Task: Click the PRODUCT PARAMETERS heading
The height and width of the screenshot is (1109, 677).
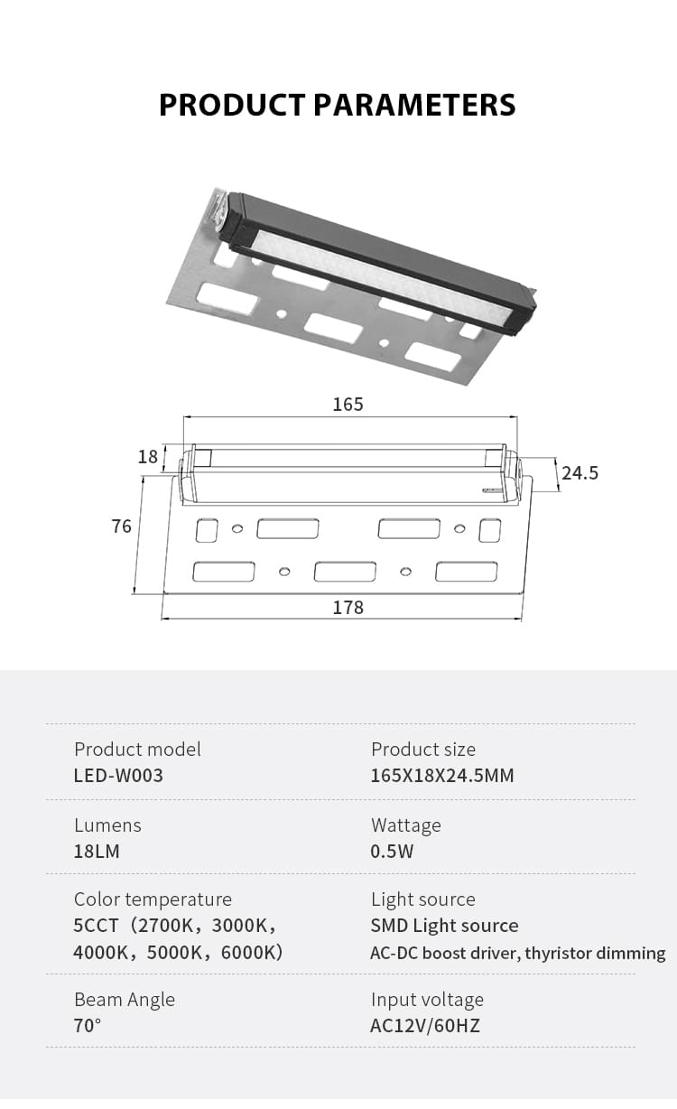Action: click(338, 105)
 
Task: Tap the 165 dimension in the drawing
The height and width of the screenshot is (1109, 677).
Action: click(348, 404)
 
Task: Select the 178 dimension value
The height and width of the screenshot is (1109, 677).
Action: click(348, 607)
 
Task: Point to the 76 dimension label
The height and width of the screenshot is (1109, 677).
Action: click(122, 526)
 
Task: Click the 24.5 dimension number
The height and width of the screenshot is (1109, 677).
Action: click(580, 472)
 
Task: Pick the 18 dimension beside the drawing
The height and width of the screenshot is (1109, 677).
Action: click(148, 456)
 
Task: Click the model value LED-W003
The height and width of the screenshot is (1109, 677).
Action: click(118, 775)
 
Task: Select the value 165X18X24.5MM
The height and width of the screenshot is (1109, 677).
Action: click(442, 775)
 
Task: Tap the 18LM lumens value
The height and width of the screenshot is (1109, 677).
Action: click(97, 851)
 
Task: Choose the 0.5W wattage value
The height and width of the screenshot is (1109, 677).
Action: click(392, 851)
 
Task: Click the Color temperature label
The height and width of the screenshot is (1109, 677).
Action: click(153, 899)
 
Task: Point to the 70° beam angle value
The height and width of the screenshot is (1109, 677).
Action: click(88, 1025)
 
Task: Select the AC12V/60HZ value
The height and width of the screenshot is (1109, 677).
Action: click(425, 1025)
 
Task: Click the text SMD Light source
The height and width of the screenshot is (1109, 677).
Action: click(444, 925)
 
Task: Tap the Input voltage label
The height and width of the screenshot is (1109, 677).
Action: click(427, 999)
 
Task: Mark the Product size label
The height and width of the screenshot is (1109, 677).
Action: click(422, 749)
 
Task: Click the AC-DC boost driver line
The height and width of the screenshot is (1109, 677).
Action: click(517, 953)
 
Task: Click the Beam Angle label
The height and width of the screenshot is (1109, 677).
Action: click(125, 999)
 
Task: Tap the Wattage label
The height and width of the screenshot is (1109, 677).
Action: click(405, 825)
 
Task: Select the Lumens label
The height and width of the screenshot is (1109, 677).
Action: click(107, 825)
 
